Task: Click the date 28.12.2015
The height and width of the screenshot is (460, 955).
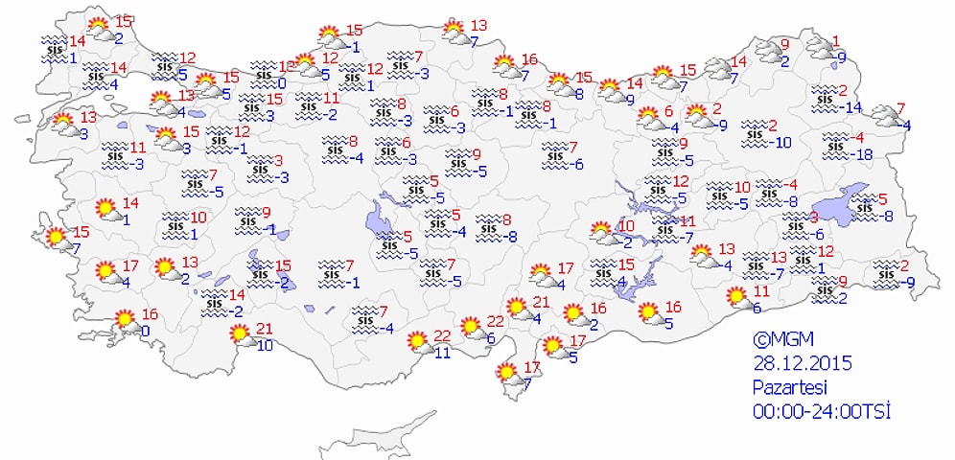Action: pyautogui.click(x=802, y=363)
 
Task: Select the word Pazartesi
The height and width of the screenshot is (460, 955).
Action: pyautogui.click(x=789, y=387)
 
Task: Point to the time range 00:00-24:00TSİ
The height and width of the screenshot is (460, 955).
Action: pyautogui.click(x=822, y=411)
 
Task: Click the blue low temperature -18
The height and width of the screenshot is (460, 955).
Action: pyautogui.click(x=864, y=155)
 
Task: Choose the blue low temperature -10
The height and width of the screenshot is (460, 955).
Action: pyautogui.click(x=782, y=143)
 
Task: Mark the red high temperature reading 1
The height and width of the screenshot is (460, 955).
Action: pyautogui.click(x=836, y=41)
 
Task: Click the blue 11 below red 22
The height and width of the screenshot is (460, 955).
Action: pyautogui.click(x=442, y=353)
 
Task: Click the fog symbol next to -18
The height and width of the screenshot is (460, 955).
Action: pyautogui.click(x=838, y=146)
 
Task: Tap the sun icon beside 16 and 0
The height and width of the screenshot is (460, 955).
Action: pyautogui.click(x=126, y=320)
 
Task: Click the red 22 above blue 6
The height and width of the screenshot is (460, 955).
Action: pyautogui.click(x=495, y=321)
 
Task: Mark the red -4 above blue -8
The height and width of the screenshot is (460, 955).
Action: pyautogui.click(x=790, y=185)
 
